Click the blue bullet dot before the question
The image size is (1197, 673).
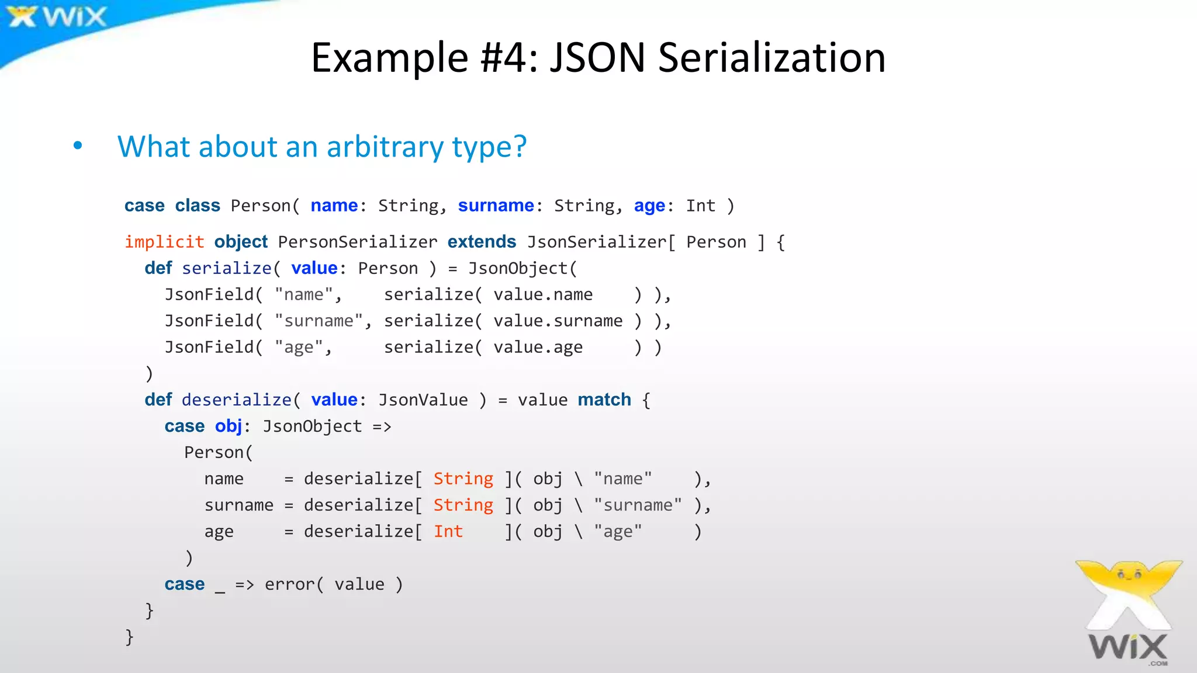click(78, 145)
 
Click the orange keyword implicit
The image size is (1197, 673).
click(164, 242)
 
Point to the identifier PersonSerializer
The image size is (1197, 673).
click(357, 242)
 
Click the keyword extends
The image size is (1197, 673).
click(482, 242)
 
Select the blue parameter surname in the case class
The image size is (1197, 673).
click(496, 206)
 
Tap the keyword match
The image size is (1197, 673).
click(604, 400)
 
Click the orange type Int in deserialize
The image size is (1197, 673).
click(448, 531)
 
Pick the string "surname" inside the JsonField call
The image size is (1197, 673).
click(319, 321)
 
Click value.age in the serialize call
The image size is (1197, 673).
click(538, 347)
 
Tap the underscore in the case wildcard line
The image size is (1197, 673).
click(220, 589)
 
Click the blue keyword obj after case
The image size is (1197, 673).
click(228, 426)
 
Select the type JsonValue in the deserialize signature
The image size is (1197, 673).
click(423, 400)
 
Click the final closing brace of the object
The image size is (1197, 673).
click(129, 636)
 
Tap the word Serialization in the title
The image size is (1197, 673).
click(772, 58)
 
